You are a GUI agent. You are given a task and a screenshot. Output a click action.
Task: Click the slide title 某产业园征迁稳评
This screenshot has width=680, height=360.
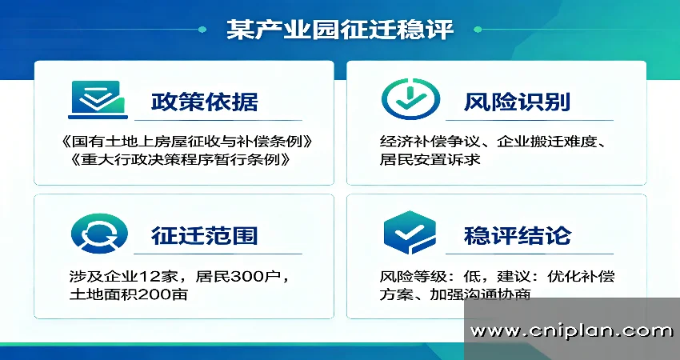[x=340, y=30]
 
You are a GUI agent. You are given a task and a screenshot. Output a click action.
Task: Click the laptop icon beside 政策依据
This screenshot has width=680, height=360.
[x=97, y=99]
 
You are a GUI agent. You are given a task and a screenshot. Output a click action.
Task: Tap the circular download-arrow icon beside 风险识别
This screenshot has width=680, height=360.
[x=410, y=99]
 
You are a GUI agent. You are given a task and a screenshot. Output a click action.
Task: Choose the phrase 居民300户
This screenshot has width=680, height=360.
[x=238, y=276]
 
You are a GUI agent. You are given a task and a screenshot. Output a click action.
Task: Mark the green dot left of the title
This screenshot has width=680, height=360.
[x=199, y=30]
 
